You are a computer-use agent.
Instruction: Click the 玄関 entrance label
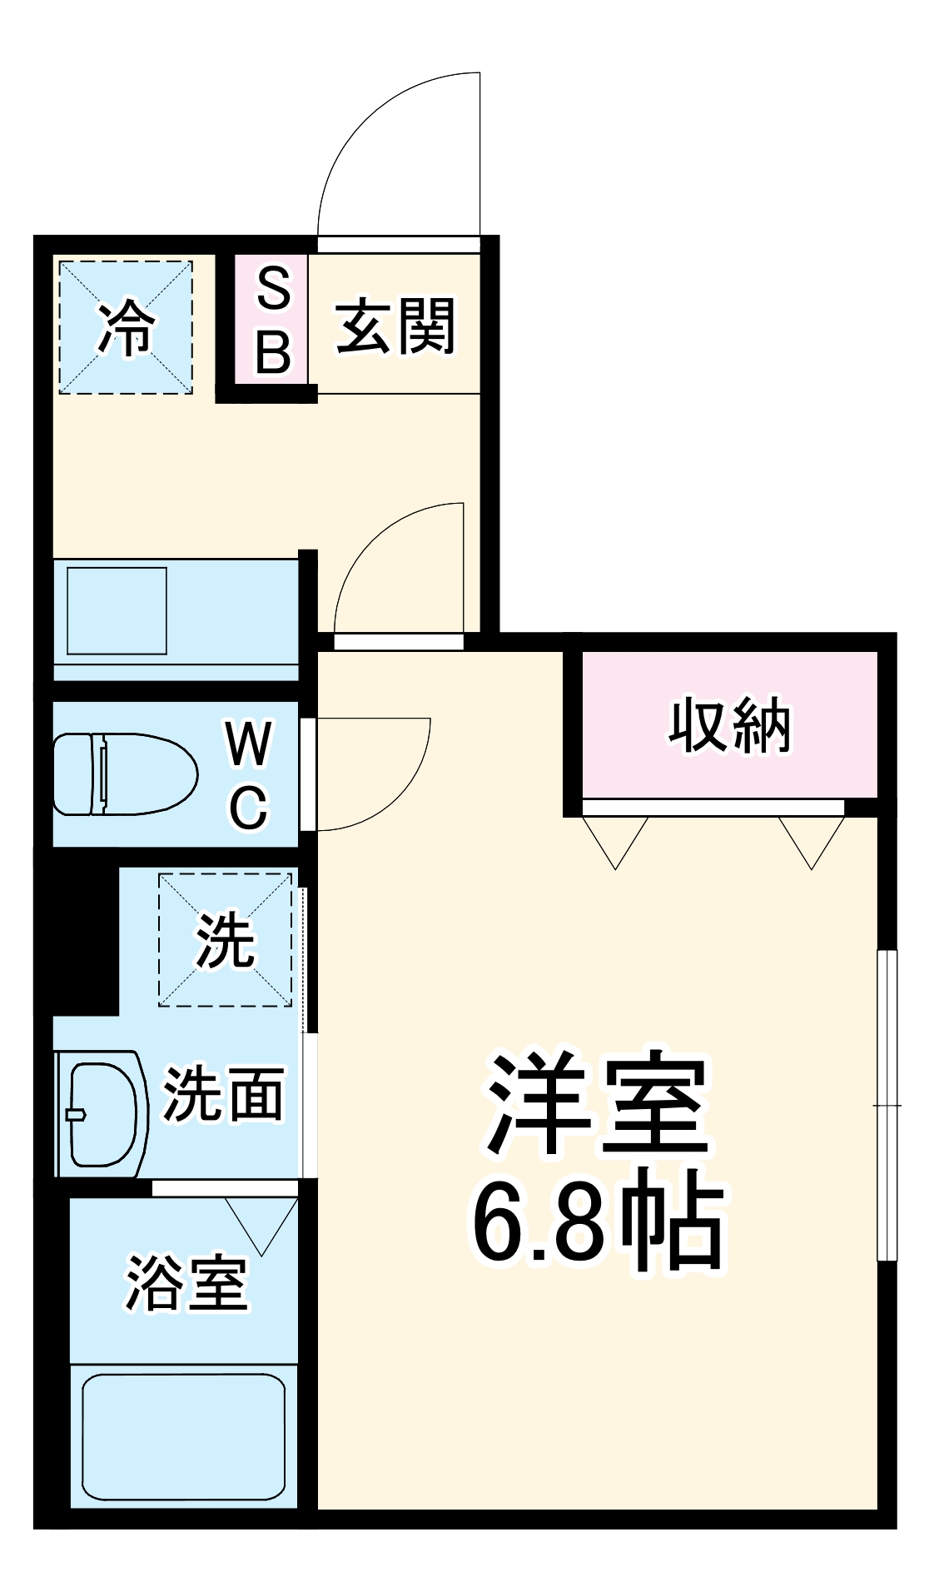395,326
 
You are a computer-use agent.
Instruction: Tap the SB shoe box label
273,320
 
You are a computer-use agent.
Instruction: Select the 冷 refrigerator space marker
126,327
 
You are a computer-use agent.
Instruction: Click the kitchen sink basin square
117,610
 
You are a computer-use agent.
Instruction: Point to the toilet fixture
125,774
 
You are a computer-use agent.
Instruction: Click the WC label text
249,775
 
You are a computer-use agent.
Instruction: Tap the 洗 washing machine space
225,939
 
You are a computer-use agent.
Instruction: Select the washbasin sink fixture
102,1114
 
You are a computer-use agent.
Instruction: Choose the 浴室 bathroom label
186,1283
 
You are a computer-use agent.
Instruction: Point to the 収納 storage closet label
729,726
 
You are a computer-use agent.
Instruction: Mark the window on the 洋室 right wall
888,1105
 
